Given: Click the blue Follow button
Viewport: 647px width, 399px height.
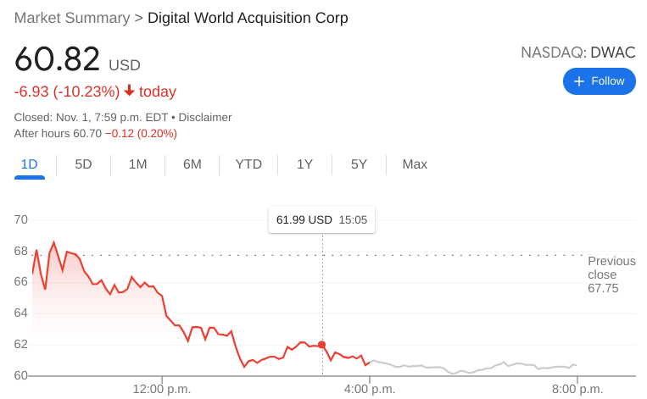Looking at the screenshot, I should click(600, 81).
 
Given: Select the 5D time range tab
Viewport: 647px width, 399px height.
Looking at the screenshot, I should click(83, 164).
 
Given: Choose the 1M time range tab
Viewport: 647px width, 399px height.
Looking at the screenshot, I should click(137, 164).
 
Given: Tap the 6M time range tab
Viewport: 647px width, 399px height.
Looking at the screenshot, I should click(192, 164).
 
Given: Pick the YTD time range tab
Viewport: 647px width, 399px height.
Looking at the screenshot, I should click(248, 164).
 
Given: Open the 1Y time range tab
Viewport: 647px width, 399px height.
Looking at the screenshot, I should click(304, 164).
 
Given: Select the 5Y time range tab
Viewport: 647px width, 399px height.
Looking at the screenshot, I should click(359, 164).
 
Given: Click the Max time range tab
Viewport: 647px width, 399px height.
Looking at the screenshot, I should click(415, 164).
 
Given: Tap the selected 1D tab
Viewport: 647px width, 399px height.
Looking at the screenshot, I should click(29, 164).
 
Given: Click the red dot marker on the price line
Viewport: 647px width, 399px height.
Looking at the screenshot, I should click(322, 344).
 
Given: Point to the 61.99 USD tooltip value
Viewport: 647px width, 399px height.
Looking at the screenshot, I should click(304, 220).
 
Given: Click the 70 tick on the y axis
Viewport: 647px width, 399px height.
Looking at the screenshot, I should click(21, 220).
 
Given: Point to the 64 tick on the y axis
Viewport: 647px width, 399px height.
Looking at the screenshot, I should click(21, 313).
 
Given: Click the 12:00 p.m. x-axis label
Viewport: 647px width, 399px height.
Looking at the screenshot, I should click(161, 390).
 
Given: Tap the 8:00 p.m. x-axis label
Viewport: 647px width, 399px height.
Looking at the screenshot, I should click(577, 390).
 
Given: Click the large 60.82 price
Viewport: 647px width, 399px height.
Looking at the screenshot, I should click(57, 61).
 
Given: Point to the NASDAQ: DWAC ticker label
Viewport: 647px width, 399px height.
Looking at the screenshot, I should click(577, 53).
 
